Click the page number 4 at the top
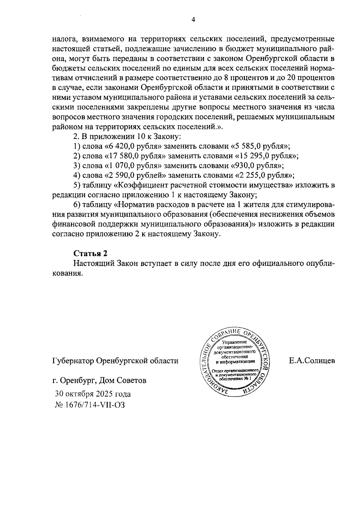point(193,20)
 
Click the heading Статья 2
point(90,253)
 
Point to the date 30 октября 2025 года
point(93,394)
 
